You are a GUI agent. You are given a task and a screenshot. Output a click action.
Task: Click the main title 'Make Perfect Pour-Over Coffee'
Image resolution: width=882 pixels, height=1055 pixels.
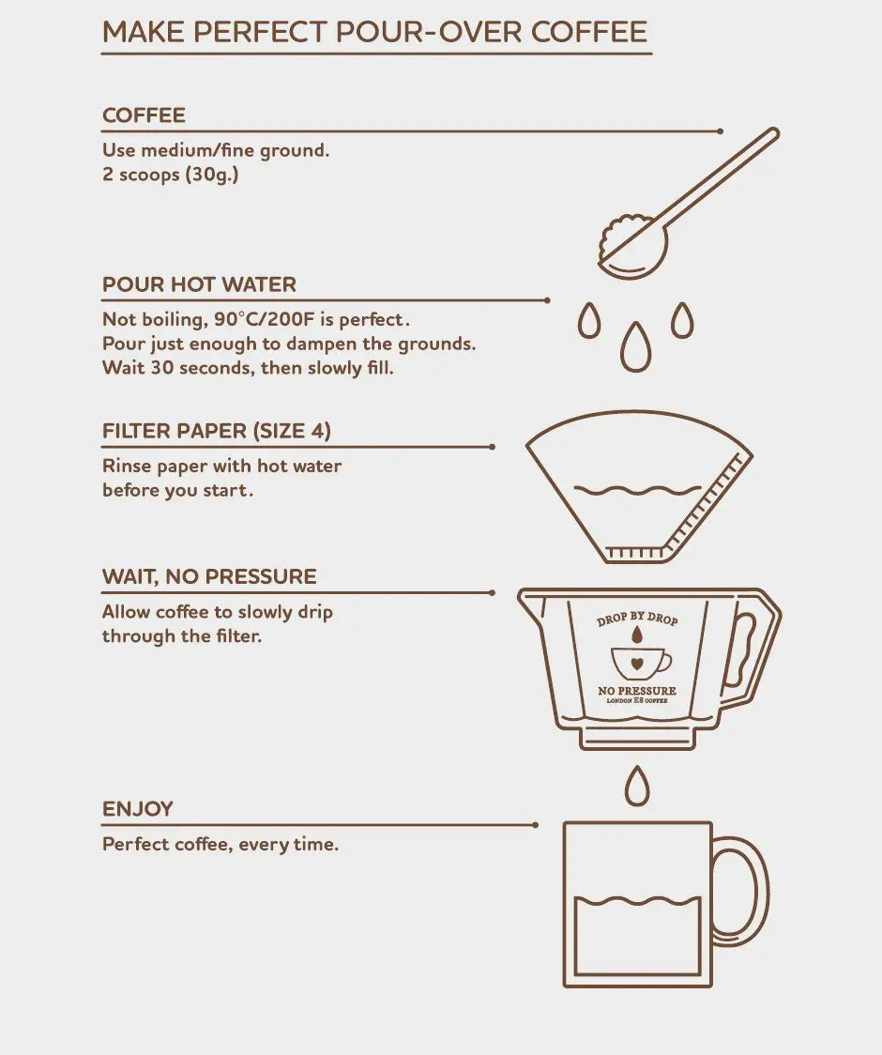click(375, 31)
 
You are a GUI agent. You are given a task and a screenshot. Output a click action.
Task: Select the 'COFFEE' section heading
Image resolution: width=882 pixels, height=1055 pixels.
click(144, 115)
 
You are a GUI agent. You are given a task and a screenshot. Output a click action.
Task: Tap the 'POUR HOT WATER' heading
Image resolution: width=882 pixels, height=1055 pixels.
click(199, 284)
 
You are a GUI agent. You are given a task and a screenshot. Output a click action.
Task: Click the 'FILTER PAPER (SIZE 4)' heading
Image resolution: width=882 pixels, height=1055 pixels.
click(216, 431)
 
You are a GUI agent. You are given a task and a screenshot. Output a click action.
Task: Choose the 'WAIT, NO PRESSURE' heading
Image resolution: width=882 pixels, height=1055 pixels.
click(209, 576)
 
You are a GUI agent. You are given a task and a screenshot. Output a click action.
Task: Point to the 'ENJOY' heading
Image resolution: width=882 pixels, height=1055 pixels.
click(138, 808)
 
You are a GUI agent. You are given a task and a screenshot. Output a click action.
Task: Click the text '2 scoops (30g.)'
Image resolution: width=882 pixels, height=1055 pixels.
click(170, 175)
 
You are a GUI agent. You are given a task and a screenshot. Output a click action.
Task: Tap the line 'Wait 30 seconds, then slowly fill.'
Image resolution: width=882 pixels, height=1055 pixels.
click(248, 368)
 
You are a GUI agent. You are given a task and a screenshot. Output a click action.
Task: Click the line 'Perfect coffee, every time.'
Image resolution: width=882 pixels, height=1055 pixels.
click(220, 845)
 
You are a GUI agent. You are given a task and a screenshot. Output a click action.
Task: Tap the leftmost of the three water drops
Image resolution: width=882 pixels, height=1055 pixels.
click(589, 321)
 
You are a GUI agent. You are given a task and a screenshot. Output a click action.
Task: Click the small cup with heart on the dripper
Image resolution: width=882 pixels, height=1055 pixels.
click(639, 663)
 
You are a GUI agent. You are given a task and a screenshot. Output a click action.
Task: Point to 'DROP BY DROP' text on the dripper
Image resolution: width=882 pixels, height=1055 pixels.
click(637, 619)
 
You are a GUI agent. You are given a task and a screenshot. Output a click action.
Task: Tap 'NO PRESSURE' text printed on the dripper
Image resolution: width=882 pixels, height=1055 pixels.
click(637, 691)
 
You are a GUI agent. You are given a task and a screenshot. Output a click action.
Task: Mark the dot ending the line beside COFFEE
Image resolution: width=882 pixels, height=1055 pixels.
click(720, 131)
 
